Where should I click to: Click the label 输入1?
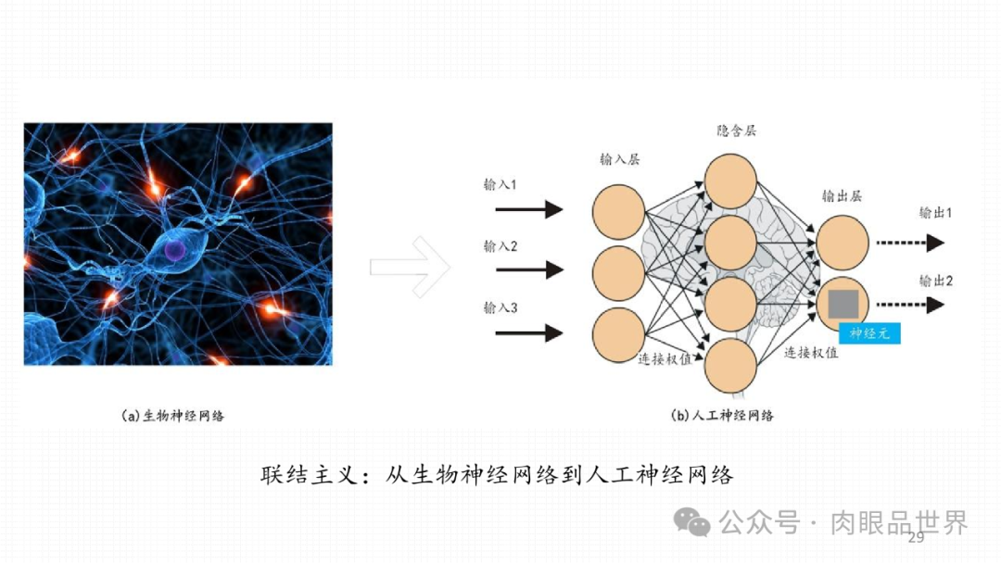click(x=500, y=185)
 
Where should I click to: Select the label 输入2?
click(x=500, y=246)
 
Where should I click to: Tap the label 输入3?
click(x=500, y=307)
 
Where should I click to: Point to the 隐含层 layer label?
click(x=736, y=131)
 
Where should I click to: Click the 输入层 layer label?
click(x=620, y=159)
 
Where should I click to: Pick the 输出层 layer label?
click(x=842, y=196)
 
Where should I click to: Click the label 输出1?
click(x=935, y=213)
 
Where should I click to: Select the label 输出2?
click(x=935, y=280)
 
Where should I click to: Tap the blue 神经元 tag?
click(x=869, y=333)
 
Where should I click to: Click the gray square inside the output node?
click(x=843, y=305)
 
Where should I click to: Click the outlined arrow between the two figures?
click(x=410, y=267)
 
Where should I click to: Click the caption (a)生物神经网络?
click(x=173, y=416)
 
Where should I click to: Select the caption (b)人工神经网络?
click(x=722, y=416)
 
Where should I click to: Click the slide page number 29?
click(x=917, y=538)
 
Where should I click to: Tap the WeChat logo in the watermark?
click(x=692, y=522)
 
